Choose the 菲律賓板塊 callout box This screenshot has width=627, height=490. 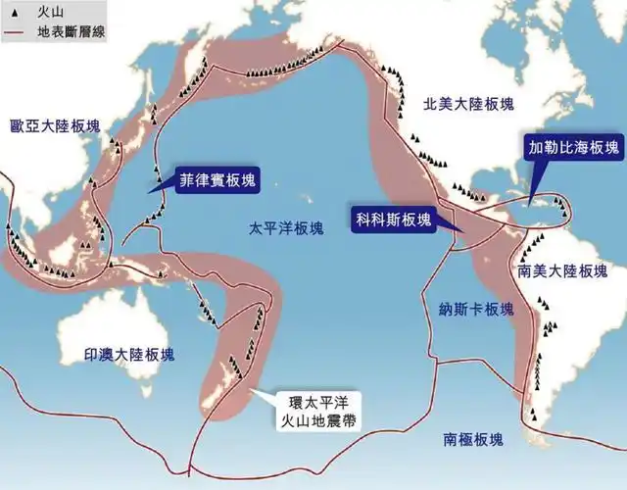click(x=210, y=180)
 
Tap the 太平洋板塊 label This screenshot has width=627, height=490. click(x=286, y=228)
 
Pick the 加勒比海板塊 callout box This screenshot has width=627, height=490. click(x=574, y=147)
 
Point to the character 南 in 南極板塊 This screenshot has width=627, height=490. click(x=451, y=438)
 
